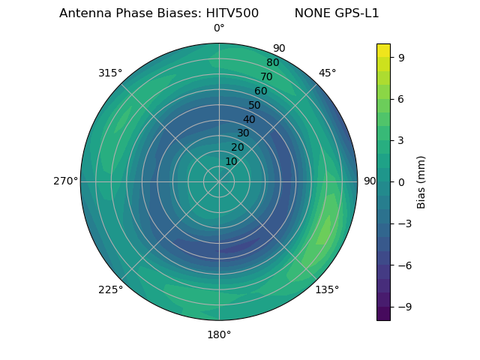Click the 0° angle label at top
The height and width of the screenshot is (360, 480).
[219, 28]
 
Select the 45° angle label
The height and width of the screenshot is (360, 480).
[327, 73]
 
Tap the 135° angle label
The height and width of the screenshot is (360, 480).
[327, 289]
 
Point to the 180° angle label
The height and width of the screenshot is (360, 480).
[219, 334]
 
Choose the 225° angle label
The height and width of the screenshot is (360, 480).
[110, 289]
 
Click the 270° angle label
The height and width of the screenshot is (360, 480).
[65, 181]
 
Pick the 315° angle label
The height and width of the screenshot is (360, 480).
[110, 73]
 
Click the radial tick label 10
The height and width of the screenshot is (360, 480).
[231, 161]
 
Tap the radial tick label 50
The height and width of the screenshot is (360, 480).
[255, 105]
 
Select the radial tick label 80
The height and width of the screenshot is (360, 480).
[273, 63]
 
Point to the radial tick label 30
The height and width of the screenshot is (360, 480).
[243, 133]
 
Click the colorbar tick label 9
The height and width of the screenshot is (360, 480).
[401, 57]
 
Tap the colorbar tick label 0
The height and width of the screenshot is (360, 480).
[401, 181]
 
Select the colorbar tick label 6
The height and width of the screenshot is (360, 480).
[401, 98]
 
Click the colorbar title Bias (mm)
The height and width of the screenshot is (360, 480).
[421, 181]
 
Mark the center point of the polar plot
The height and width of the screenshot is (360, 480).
[219, 181]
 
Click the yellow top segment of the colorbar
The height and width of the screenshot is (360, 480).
[383, 50]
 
